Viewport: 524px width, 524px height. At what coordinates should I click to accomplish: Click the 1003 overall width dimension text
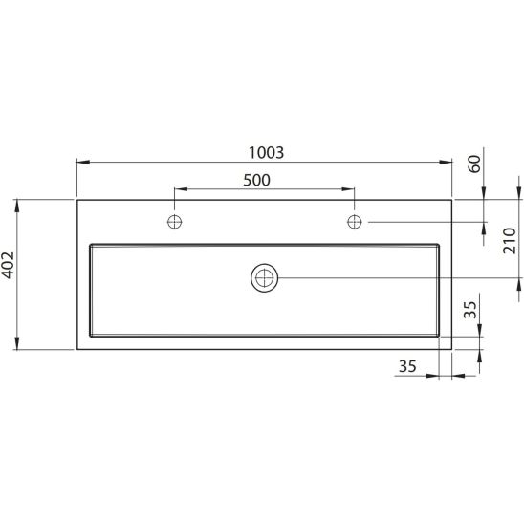[267, 153]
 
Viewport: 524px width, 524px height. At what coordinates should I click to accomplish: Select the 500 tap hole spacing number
[256, 180]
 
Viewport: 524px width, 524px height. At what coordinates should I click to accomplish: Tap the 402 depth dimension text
[8, 265]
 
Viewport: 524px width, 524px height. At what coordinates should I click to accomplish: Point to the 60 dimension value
[474, 164]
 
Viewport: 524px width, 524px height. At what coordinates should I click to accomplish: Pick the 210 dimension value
[510, 241]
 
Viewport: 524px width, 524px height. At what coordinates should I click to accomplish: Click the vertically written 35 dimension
[469, 310]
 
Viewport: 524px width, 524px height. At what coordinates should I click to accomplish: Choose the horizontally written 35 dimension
[407, 366]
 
